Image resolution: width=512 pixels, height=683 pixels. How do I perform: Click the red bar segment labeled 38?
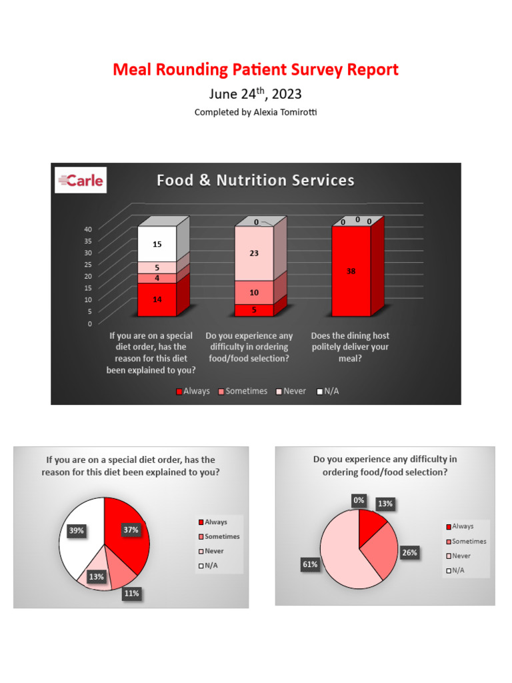click(351, 271)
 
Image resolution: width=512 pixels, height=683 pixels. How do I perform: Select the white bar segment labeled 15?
click(157, 244)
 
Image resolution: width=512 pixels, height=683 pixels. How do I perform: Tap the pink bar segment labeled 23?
click(254, 253)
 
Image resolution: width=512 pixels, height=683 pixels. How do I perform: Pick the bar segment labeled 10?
click(254, 293)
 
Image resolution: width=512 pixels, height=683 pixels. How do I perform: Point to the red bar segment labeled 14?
click(157, 299)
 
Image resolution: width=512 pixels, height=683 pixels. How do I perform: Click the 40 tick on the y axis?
click(87, 229)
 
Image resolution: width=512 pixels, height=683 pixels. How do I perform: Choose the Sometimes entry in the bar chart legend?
click(242, 392)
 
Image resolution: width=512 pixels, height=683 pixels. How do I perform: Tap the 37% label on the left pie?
click(131, 530)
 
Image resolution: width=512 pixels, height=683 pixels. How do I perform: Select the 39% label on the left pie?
click(76, 530)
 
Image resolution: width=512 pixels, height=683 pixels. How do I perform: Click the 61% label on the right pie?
click(310, 564)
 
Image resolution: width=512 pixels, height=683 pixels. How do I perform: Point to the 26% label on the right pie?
click(408, 552)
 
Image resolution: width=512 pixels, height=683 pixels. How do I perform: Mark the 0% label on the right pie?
click(359, 500)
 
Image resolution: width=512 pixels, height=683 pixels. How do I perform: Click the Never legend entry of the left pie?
click(214, 551)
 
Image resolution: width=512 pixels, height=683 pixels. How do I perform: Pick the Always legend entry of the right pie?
click(463, 526)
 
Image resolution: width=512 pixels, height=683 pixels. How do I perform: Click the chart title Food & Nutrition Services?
click(255, 180)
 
